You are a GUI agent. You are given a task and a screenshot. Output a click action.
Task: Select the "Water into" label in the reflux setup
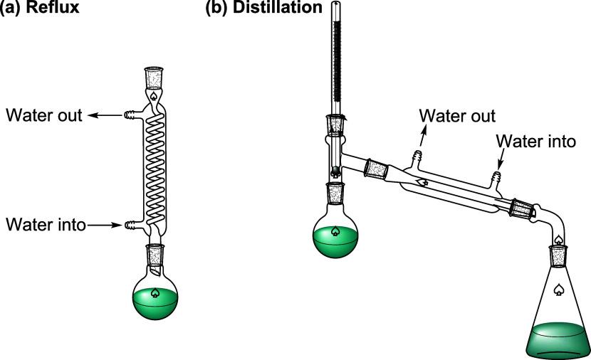(x=46, y=225)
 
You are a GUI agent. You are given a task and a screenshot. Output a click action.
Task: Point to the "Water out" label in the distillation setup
(x=457, y=115)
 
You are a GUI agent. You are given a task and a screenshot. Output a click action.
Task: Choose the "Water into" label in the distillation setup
(x=535, y=140)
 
